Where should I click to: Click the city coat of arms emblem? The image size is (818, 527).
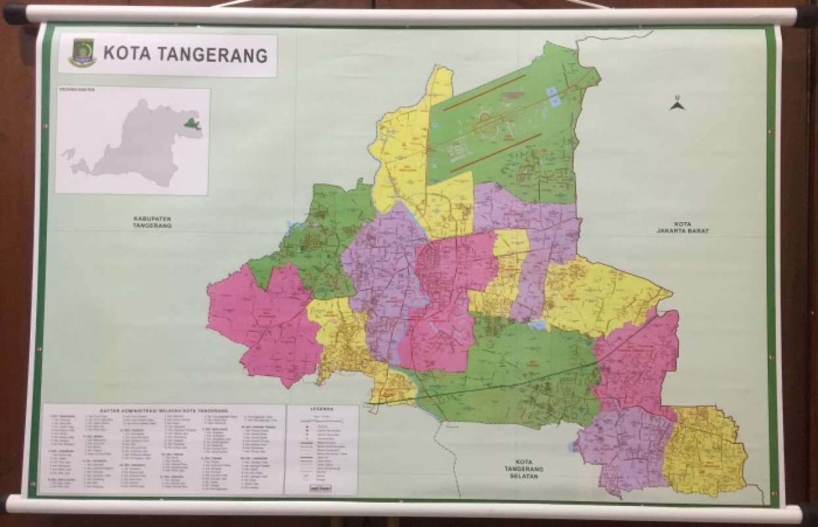point(82,53)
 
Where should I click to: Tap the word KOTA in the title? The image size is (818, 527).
point(126,55)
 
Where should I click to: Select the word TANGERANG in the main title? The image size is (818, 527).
point(209,55)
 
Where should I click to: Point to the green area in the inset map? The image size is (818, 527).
point(191,123)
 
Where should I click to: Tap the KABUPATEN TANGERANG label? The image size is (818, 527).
point(151,222)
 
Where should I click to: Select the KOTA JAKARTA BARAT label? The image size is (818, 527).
point(683,228)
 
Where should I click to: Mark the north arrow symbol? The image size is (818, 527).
point(677,104)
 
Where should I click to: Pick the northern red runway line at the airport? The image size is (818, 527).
point(484,92)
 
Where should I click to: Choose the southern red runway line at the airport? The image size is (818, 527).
point(495,152)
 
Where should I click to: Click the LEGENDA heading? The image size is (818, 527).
point(321,409)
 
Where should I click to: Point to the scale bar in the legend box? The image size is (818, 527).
point(321,418)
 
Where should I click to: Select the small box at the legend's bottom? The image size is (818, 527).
point(321,488)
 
